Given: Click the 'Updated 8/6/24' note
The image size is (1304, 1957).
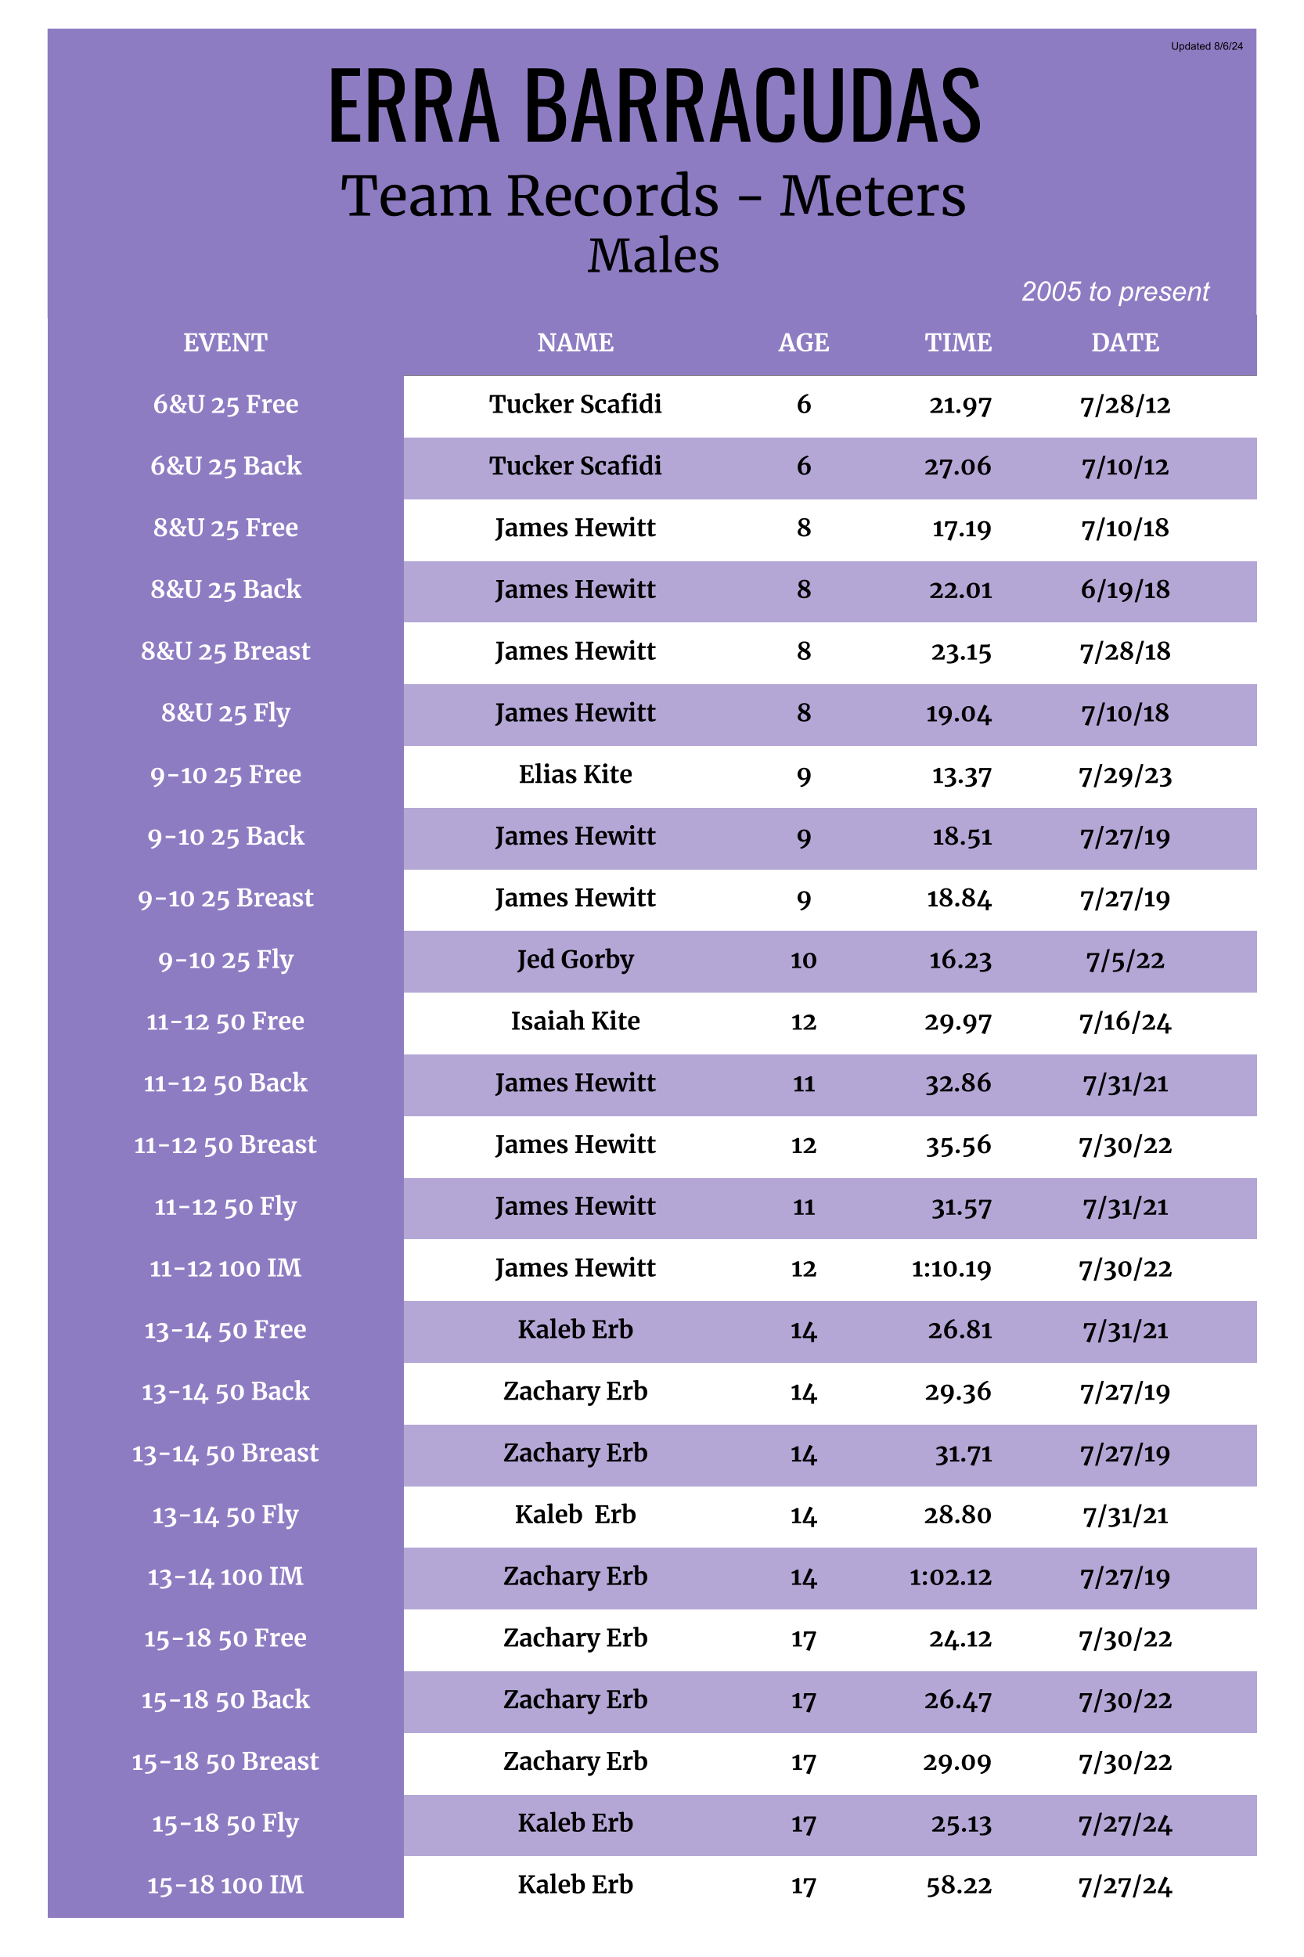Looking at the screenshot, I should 1206,46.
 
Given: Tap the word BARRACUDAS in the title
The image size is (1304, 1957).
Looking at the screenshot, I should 753,106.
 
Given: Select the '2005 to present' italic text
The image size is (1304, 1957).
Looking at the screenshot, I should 1115,291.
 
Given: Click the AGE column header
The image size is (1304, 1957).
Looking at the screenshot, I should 803,343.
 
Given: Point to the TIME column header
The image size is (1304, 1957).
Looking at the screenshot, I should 958,343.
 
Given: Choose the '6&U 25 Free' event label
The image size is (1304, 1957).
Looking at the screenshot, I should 225,404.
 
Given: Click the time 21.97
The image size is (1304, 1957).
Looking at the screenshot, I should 960,405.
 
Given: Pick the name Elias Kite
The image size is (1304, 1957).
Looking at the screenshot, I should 575,774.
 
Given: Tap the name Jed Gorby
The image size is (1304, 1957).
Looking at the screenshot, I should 575,960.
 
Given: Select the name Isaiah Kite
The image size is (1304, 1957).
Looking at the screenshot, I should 575,1022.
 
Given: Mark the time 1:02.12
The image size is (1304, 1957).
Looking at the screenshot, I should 949,1577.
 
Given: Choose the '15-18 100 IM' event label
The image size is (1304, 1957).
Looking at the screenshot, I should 225,1885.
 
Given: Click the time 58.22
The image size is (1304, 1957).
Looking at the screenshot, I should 958,1886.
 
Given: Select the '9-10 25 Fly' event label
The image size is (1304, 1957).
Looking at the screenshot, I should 225,960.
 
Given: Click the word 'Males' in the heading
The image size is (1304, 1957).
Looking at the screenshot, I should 653,255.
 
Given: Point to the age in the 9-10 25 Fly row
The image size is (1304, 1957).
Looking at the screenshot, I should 803,960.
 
